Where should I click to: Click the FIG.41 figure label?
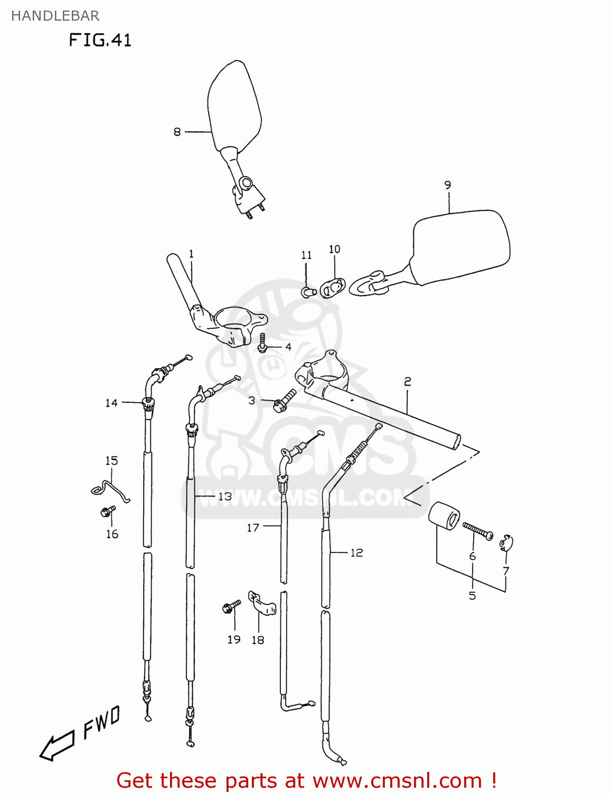pos(100,40)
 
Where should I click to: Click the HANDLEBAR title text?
pos(55,16)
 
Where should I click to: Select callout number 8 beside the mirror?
pos(177,132)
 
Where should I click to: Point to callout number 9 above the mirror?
pos(448,185)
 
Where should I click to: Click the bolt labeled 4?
pos(262,343)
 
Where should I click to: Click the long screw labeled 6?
pos(477,530)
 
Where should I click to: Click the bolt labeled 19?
pos(231,606)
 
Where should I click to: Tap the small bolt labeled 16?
pos(108,511)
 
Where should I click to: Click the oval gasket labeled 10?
pos(333,288)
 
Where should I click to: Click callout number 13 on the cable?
pos(225,496)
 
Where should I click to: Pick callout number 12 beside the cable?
pos(357,552)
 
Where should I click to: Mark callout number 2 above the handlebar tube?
pos(407,381)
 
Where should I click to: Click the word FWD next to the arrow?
pos(102,723)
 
